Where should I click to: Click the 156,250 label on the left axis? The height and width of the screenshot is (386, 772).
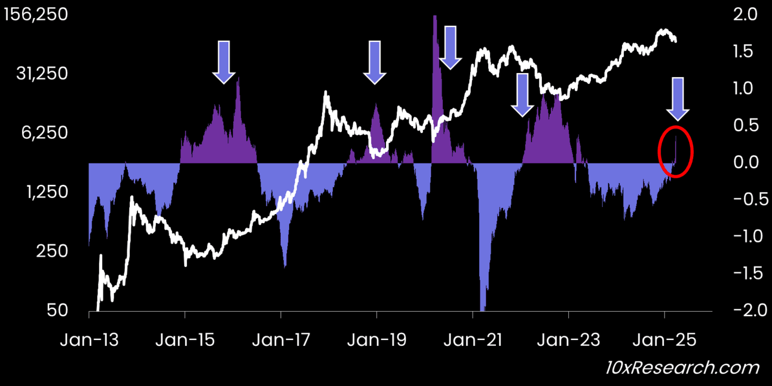click(35, 15)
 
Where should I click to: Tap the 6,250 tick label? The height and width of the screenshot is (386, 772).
click(45, 133)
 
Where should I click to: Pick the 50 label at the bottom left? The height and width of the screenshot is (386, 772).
click(58, 311)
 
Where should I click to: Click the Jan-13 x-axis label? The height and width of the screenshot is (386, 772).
click(89, 340)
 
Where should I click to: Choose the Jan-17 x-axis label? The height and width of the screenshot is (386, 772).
click(281, 340)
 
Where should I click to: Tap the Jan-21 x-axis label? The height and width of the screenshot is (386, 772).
click(473, 340)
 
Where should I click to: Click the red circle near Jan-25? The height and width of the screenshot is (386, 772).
click(675, 151)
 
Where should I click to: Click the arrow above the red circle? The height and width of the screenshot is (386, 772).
click(678, 98)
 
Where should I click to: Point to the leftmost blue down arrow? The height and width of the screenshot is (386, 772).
click(224, 61)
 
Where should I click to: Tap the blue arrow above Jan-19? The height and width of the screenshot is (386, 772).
click(375, 61)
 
